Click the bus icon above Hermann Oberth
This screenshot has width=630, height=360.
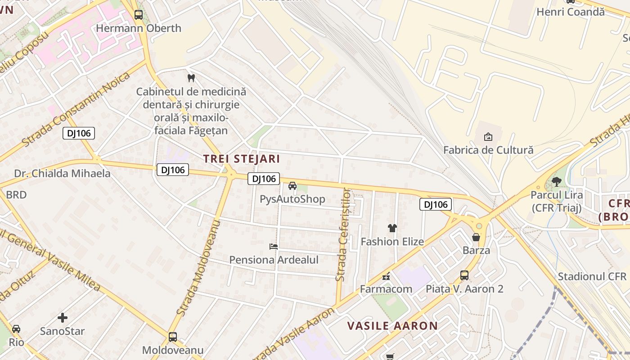coord(139,15)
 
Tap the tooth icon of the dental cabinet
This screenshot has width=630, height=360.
coord(191,78)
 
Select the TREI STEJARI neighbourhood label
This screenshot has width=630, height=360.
coord(241,159)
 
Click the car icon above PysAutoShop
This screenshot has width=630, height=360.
coord(292,186)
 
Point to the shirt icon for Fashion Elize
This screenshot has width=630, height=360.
coord(392,228)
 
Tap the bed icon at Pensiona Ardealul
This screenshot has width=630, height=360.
coord(274,246)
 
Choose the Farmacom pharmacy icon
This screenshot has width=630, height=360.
coord(386,276)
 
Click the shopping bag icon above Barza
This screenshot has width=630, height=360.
coord(476,237)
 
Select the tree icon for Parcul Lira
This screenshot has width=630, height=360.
coord(557,182)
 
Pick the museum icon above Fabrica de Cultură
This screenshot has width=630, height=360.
coord(488,136)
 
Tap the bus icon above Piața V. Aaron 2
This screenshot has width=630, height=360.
coord(464,275)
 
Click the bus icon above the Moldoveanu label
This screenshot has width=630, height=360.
coord(173,337)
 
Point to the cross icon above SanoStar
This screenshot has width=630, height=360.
coord(63,318)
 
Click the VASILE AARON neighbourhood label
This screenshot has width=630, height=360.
coord(392,326)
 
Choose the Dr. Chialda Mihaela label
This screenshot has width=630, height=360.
coord(62,174)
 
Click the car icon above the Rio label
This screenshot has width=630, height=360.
coord(16,329)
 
